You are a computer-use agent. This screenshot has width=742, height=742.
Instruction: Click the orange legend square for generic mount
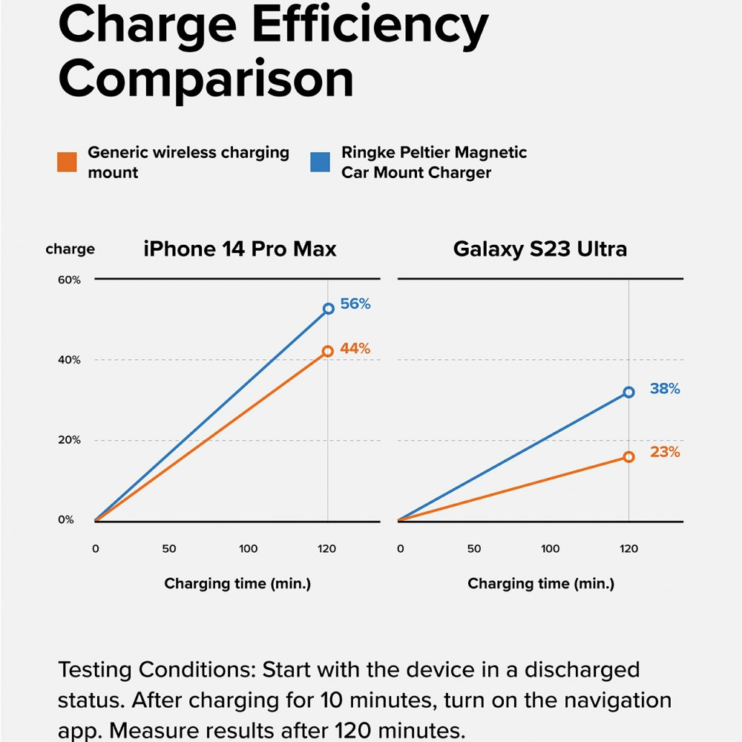tap(67, 162)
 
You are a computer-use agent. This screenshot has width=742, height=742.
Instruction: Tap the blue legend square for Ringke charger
tap(320, 162)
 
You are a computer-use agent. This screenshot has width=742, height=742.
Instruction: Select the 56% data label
tap(355, 303)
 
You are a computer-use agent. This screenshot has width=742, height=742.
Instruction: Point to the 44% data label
tap(355, 349)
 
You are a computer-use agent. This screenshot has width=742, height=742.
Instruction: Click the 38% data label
tap(665, 388)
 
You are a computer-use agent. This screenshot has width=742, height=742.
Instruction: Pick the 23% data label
tap(665, 452)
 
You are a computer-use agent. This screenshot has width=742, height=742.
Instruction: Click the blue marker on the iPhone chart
tap(328, 309)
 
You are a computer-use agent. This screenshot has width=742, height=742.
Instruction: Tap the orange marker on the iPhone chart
tap(327, 352)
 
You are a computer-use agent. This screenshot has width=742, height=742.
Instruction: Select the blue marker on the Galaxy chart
tap(629, 392)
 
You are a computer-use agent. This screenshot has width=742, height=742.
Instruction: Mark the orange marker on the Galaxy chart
tap(629, 457)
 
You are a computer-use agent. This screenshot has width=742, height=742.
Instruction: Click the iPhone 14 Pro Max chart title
tap(240, 249)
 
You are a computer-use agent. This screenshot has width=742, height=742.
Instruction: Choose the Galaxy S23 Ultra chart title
tap(540, 249)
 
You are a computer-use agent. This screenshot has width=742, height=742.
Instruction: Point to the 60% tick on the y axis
tap(70, 280)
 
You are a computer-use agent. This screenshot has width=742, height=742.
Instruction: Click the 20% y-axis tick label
tap(70, 440)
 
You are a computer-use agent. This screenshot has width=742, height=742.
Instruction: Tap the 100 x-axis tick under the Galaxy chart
tap(550, 549)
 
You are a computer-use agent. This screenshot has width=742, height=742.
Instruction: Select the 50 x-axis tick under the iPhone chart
tap(169, 549)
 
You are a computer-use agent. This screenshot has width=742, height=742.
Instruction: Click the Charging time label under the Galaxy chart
tap(541, 584)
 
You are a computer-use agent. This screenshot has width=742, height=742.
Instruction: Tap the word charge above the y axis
tap(70, 249)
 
